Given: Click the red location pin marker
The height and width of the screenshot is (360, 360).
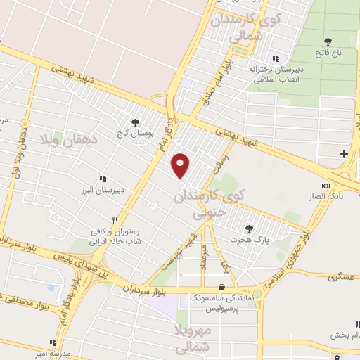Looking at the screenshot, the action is [x=182, y=165].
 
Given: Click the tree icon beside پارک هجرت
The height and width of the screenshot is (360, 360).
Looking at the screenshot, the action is [x=248, y=228].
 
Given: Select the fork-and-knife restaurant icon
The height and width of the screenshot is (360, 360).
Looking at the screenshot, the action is [x=124, y=219].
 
